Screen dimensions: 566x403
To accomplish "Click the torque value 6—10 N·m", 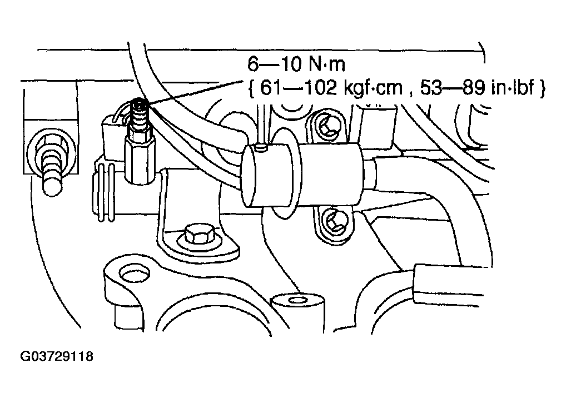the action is point(296,64).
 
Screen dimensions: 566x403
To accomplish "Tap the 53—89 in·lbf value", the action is point(477,88).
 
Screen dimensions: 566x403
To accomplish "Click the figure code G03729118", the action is point(57,356).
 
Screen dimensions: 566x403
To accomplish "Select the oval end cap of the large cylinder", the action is point(249,176).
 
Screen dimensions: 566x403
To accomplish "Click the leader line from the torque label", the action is point(196,93).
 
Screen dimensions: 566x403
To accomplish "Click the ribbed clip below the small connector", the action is point(105,191).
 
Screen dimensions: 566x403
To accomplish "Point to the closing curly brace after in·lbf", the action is point(542,88).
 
